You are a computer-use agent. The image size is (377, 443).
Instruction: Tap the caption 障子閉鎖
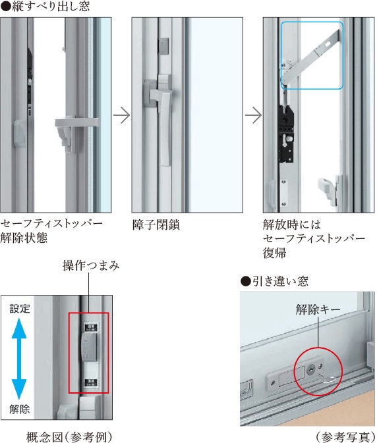tap(156, 225)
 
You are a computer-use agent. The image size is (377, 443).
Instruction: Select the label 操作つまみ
tap(91, 265)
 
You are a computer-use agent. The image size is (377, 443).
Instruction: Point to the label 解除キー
tap(318, 309)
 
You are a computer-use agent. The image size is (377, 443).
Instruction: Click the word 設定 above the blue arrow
tap(20, 309)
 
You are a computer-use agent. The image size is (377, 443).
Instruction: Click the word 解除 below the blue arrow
tap(20, 409)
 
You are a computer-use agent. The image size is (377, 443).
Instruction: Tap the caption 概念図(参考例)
tap(69, 437)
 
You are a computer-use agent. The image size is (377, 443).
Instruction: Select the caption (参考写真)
tap(345, 437)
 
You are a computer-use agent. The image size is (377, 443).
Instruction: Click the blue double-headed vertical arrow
tap(19, 359)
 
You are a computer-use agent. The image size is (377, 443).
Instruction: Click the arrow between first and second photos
tap(122, 115)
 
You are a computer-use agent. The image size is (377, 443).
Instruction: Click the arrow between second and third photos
tap(253, 115)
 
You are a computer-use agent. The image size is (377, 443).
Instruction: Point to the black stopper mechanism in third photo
tap(286, 134)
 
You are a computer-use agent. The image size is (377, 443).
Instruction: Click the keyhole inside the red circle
tap(311, 369)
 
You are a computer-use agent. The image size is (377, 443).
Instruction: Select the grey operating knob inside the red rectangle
tap(89, 347)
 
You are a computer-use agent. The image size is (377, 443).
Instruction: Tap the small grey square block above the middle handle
tap(163, 46)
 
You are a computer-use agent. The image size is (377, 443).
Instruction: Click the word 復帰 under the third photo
tap(274, 253)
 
